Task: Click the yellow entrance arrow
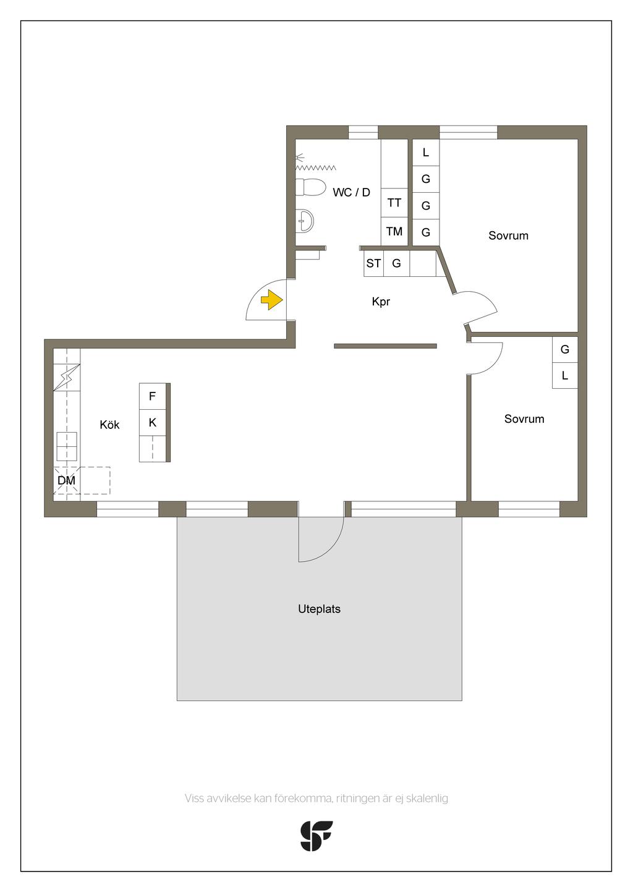click(x=272, y=300)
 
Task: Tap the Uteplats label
click(x=320, y=609)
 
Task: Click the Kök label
click(x=109, y=425)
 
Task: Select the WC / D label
click(x=351, y=192)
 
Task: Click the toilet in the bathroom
click(x=310, y=187)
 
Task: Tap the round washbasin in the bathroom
click(x=306, y=220)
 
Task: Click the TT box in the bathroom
click(x=394, y=203)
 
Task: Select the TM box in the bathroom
click(x=394, y=231)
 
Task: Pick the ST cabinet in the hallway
click(x=373, y=263)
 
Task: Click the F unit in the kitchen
click(x=152, y=396)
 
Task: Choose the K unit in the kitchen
click(x=152, y=422)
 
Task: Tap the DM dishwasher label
click(x=66, y=480)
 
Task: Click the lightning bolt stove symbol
click(x=67, y=377)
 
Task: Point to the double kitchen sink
click(x=67, y=446)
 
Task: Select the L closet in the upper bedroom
click(x=425, y=152)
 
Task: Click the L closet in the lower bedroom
click(x=564, y=375)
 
